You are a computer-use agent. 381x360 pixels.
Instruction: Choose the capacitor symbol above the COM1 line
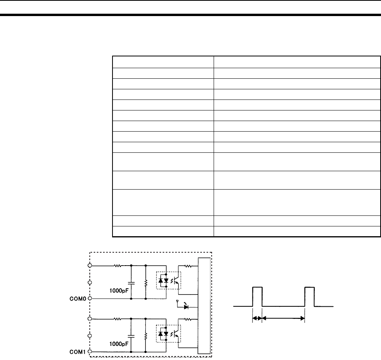[x=131, y=336]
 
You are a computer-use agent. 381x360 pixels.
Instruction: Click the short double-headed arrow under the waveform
[x=257, y=318]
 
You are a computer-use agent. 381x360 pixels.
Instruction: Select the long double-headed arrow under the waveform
[x=283, y=318]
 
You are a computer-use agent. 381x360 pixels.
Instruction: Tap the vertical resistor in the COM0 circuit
[x=146, y=283]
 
